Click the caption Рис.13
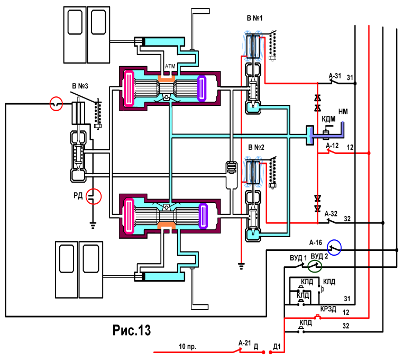point(131,330)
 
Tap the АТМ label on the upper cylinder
point(170,66)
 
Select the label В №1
point(254,18)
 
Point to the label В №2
point(256,147)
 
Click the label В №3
point(80,86)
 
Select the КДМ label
point(328,119)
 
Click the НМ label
point(343,111)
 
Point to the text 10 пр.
point(187,346)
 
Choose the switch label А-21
point(244,343)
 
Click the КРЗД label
point(328,309)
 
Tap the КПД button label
point(306,322)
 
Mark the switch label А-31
point(335,76)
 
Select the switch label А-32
point(331,213)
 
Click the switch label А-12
point(332,146)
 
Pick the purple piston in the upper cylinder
point(202,88)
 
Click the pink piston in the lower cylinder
point(129,215)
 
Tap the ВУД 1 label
point(298,258)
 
